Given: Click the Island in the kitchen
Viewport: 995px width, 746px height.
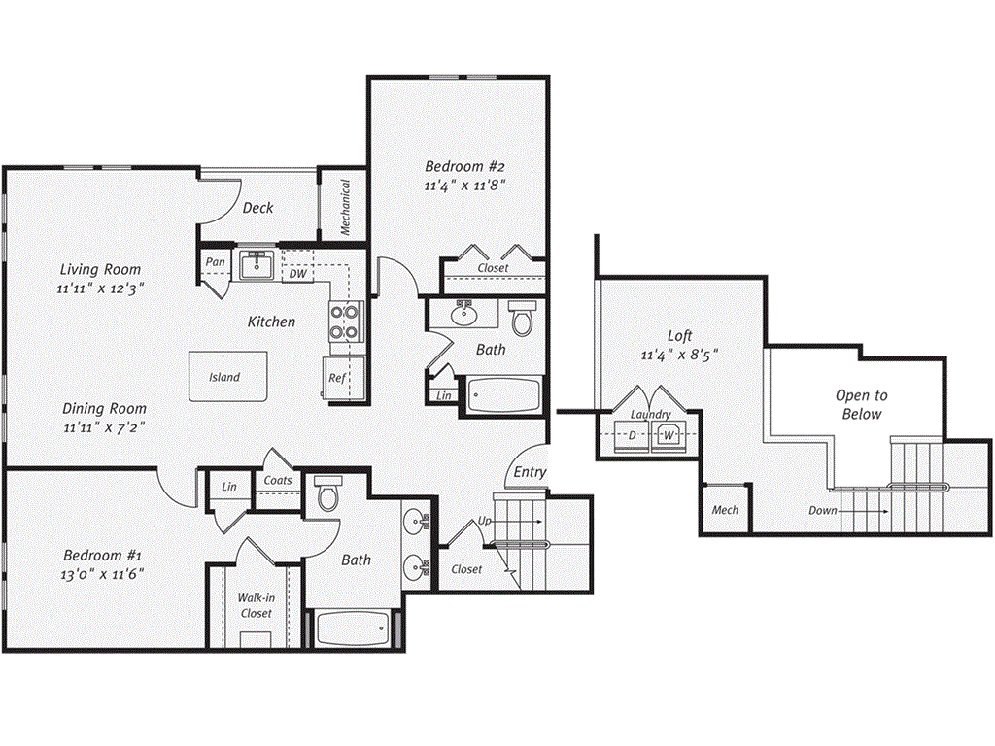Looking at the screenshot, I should coord(224,376).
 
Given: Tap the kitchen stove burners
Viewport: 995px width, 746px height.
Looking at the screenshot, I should coord(345,322).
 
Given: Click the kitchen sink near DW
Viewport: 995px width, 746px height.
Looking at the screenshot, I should coord(257,264).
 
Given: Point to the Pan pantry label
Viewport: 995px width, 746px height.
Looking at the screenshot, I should coord(216,262).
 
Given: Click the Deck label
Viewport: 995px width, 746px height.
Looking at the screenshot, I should coord(257,208).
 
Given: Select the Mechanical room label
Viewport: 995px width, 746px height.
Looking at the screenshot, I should coord(345,206).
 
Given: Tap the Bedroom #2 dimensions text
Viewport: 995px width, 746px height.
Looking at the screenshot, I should coord(465,185).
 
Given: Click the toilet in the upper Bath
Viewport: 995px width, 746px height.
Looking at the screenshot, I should coord(523,318).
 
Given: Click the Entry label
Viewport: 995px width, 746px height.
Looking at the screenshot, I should coord(531,472).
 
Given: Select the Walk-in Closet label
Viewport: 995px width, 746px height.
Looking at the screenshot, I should coord(256,605).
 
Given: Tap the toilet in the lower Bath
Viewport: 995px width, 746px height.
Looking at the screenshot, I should coord(326,495).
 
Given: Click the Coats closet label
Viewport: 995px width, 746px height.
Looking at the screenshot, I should coord(278,480).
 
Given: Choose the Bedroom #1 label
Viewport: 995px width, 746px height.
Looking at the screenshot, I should coord(103,556).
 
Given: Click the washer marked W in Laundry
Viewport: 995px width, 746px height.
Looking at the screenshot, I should coord(669,434).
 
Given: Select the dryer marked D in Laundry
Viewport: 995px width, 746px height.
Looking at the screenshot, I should coord(632,434).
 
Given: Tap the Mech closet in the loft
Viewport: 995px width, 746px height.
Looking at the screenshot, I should coord(725,510).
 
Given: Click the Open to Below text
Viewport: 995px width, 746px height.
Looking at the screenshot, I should coord(861,405).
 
